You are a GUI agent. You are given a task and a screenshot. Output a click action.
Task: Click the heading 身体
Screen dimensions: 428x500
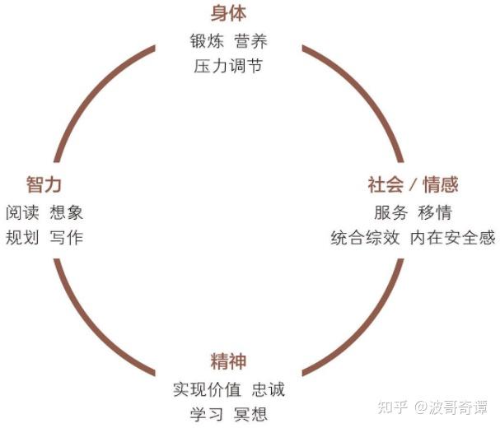coord(228,14)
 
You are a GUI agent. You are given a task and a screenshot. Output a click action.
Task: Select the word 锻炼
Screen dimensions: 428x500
coord(207,40)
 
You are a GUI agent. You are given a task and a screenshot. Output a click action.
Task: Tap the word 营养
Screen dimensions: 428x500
coord(250,40)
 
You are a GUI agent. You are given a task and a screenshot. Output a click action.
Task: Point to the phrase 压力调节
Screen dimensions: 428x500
coord(228,66)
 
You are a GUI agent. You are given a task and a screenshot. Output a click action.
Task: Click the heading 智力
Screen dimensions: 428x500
coord(44,184)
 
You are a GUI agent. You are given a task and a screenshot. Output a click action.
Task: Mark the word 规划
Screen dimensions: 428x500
coord(22,238)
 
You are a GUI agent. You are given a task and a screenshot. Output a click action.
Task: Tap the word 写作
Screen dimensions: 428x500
coord(66,238)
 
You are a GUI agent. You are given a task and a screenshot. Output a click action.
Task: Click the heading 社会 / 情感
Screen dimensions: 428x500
coord(413,184)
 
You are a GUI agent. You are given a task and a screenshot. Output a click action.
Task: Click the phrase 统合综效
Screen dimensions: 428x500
coord(365,238)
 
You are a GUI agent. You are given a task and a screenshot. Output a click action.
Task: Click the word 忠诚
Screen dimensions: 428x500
coord(268,388)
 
